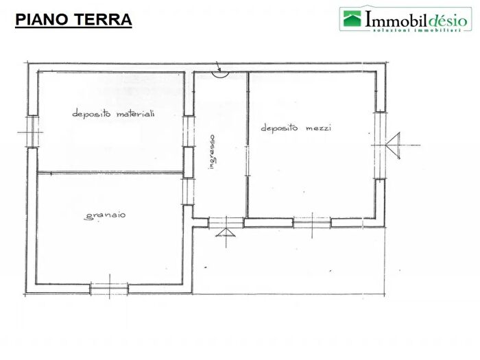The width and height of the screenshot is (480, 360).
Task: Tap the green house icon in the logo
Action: point(352,19)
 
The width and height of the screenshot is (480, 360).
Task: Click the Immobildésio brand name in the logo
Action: point(416,17)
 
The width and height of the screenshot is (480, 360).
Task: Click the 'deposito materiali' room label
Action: point(113,114)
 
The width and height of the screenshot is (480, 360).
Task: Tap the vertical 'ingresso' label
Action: point(212,152)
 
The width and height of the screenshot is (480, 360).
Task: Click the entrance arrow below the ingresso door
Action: point(226,235)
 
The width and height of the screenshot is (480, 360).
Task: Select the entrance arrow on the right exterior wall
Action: point(394,145)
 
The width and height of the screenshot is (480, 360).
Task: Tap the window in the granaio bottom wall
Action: point(109,289)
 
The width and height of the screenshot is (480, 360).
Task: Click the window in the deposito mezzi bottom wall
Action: point(312,222)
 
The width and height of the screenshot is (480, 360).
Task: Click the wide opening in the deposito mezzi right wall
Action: point(379,145)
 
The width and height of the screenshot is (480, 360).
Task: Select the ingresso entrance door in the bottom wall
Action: point(226,222)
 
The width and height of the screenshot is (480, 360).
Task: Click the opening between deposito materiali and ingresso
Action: point(188,130)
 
